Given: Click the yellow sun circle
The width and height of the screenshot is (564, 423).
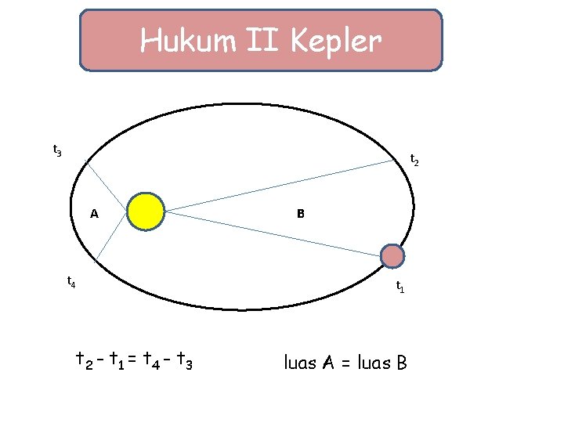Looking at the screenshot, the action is coord(146,211).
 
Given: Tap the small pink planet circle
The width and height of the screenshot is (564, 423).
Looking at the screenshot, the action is coord(392,256).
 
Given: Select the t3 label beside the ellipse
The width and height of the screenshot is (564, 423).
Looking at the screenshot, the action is coord(57,150).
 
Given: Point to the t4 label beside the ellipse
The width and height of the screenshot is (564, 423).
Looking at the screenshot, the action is coord(70,280).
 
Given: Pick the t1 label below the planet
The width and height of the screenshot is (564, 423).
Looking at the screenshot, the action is coord(399,287).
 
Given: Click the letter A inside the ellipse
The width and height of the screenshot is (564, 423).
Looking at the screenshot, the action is coord(94,213).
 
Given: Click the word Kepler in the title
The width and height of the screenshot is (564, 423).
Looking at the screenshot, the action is coord(336,42).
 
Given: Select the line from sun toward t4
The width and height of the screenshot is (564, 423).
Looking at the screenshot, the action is coord(111,237).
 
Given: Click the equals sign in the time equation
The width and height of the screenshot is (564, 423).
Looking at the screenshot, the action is coord(132,360).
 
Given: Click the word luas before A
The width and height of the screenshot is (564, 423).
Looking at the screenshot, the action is coord(301,363).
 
